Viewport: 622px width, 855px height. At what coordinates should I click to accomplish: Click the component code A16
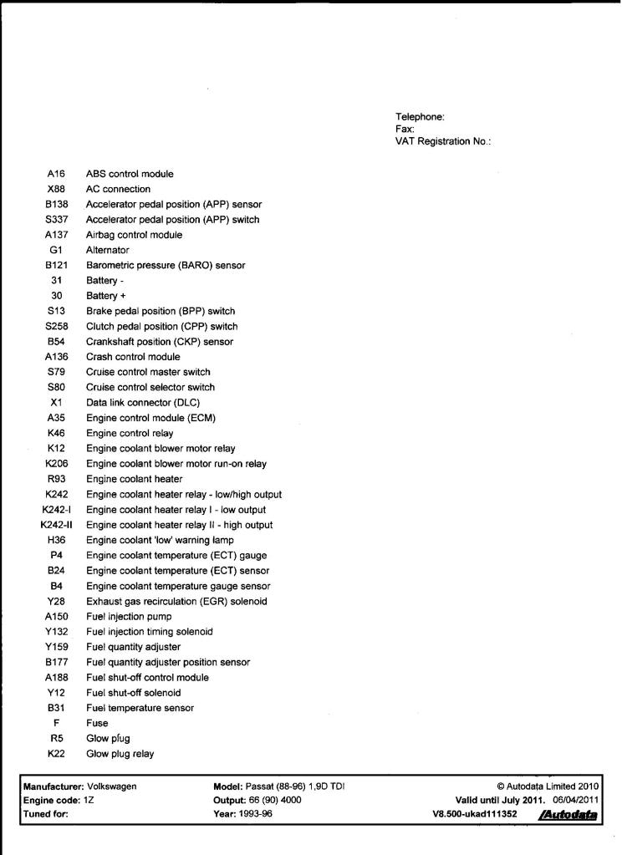pyautogui.click(x=57, y=174)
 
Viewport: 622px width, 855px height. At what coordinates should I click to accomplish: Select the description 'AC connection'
pyautogui.click(x=118, y=189)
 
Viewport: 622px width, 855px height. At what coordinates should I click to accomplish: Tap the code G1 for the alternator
pyautogui.click(x=57, y=250)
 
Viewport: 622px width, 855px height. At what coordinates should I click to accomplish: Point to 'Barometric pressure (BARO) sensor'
pyautogui.click(x=166, y=265)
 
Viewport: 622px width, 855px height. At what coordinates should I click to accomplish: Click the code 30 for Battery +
pyautogui.click(x=57, y=296)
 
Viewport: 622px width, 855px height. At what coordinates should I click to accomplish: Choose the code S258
pyautogui.click(x=57, y=326)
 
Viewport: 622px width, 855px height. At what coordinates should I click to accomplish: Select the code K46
pyautogui.click(x=57, y=433)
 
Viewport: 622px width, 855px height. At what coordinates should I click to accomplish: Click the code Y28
pyautogui.click(x=57, y=601)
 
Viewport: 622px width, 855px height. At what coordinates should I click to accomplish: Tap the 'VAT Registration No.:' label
pyautogui.click(x=442, y=141)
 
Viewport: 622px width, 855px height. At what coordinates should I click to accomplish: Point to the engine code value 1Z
pyautogui.click(x=90, y=800)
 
